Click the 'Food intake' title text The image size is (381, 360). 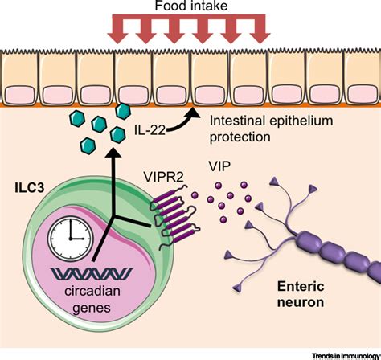click(x=190, y=8)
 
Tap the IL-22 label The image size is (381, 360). click(x=145, y=129)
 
